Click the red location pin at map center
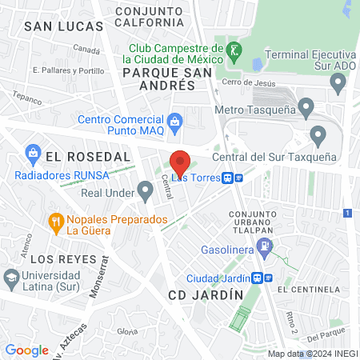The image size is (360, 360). pos(180,162)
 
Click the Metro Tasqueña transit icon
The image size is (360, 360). pos(306,106)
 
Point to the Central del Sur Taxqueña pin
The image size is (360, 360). pos(318,134)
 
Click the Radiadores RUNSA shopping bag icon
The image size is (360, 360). pos(34,151)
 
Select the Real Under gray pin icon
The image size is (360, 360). pos(145,190)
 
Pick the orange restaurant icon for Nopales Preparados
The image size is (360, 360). pos(56,222)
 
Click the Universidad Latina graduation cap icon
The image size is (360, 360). pos(11,278)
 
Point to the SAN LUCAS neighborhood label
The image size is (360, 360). pos(64,26)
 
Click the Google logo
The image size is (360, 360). pos(27,350)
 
